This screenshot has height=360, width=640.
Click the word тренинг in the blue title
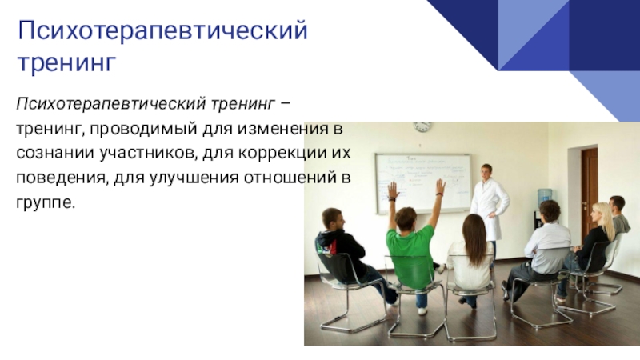pos(67,63)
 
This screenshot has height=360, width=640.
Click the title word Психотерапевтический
pos(162,30)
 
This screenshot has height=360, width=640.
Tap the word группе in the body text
pos(46,203)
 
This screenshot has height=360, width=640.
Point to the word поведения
pos(62,178)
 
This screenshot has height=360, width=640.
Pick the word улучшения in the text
pos(194,178)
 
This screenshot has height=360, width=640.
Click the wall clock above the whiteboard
pos(422,126)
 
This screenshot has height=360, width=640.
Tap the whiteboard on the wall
pos(423,183)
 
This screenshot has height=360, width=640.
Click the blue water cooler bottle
pos(544,197)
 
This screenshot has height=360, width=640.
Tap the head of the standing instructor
pos(486,171)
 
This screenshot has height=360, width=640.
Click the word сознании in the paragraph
pos(55,153)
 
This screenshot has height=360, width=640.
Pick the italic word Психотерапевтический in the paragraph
pos(110,104)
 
